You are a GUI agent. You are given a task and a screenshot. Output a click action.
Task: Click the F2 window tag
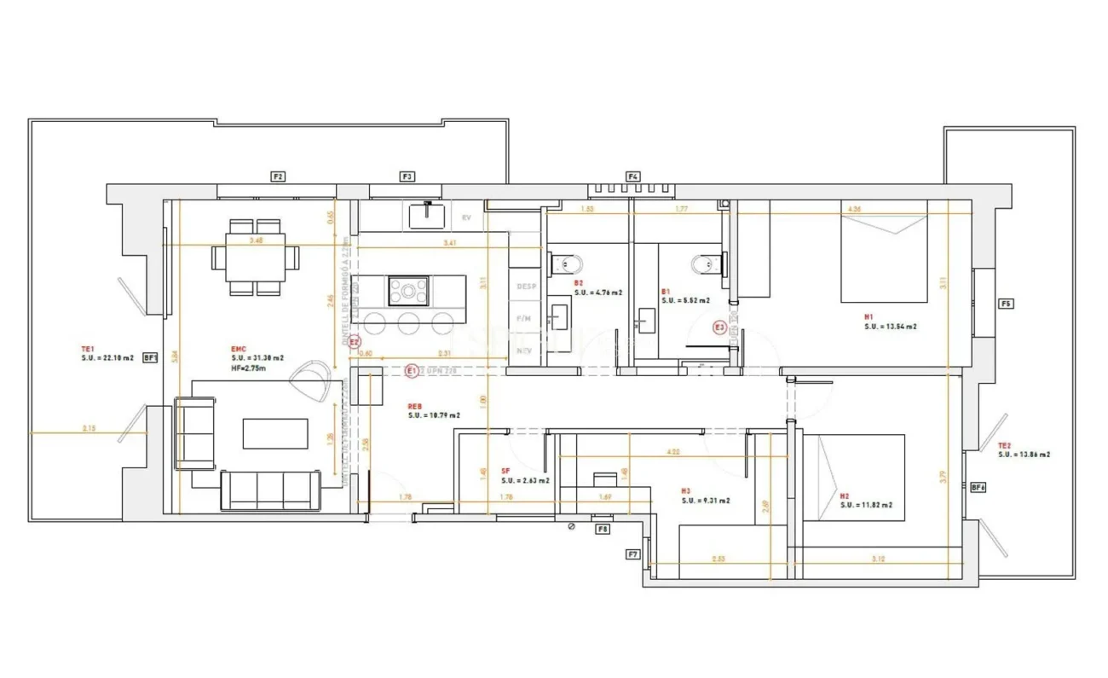[278, 177]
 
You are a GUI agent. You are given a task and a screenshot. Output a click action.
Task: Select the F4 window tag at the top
[632, 177]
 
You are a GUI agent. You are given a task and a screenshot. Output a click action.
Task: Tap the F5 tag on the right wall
[1007, 304]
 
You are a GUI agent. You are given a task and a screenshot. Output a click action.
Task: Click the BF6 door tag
[978, 488]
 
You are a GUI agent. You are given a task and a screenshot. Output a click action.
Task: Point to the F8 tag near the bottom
[603, 529]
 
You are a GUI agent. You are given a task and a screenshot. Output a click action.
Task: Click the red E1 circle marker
[411, 371]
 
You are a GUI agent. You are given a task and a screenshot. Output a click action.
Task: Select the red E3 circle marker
[719, 327]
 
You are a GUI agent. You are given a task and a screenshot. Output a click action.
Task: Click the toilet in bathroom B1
[707, 264]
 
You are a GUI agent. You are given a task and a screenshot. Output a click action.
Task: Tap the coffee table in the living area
[275, 432]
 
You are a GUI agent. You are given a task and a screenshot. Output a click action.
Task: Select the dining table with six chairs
[256, 257]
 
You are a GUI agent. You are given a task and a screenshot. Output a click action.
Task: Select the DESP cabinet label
[526, 287]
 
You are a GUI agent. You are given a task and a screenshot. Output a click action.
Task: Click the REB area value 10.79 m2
[434, 415]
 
